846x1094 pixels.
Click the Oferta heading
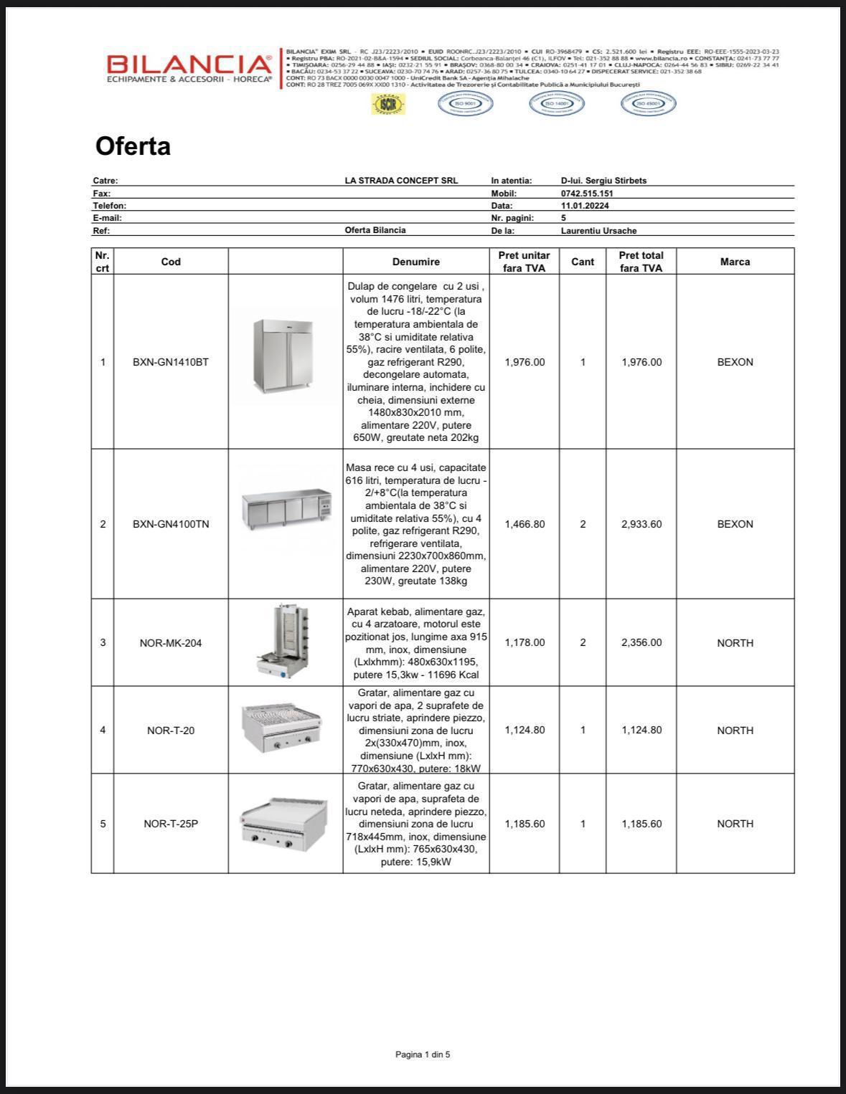(133, 146)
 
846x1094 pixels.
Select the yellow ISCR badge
(388, 105)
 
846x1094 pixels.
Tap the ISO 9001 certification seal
(466, 104)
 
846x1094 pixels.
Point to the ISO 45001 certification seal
(648, 104)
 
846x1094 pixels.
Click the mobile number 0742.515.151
(587, 194)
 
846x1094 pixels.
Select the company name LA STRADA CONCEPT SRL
(401, 181)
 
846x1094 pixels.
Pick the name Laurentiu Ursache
(598, 231)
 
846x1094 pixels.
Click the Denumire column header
(416, 262)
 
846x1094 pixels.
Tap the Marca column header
(735, 262)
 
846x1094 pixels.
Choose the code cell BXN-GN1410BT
(171, 362)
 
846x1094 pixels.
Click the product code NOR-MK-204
(171, 643)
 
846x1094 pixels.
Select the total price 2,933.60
(641, 524)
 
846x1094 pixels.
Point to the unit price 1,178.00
(525, 642)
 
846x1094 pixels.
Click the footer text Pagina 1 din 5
(423, 1055)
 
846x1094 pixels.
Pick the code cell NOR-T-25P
(171, 824)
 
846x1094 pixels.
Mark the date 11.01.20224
(585, 206)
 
